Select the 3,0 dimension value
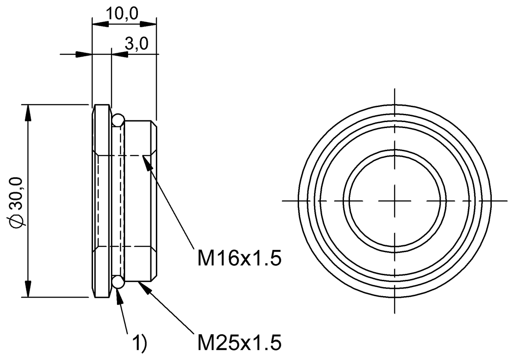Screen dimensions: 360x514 click(x=137, y=45)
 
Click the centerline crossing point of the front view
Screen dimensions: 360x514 click(x=394, y=200)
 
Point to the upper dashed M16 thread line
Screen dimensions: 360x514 click(x=124, y=155)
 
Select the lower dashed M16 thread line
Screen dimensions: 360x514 click(x=124, y=247)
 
